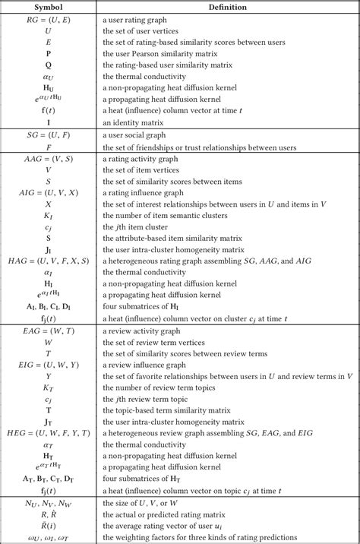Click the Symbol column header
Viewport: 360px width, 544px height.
pyautogui.click(x=48, y=7)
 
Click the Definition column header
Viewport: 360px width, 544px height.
pyautogui.click(x=226, y=7)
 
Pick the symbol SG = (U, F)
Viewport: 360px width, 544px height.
pyautogui.click(x=48, y=134)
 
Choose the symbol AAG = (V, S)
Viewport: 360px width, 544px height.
pyautogui.click(x=48, y=160)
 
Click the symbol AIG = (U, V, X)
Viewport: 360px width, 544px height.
pyautogui.click(x=48, y=193)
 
